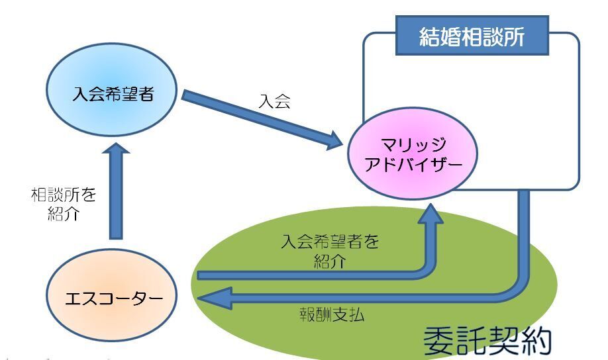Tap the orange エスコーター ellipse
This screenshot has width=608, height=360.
[x=113, y=299]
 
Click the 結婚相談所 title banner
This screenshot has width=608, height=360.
[x=472, y=36]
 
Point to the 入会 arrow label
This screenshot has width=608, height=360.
[x=274, y=102]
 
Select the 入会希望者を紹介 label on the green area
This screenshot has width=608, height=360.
[x=329, y=251]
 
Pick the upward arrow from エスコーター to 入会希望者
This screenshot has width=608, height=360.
[x=115, y=192]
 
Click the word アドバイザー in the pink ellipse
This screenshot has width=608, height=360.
[x=414, y=165]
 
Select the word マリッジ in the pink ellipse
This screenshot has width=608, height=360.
[x=415, y=145]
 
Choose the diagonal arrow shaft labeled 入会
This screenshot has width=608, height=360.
[x=258, y=116]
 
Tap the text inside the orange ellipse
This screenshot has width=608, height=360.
[x=113, y=299]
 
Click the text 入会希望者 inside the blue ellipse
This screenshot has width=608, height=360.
[x=113, y=93]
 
